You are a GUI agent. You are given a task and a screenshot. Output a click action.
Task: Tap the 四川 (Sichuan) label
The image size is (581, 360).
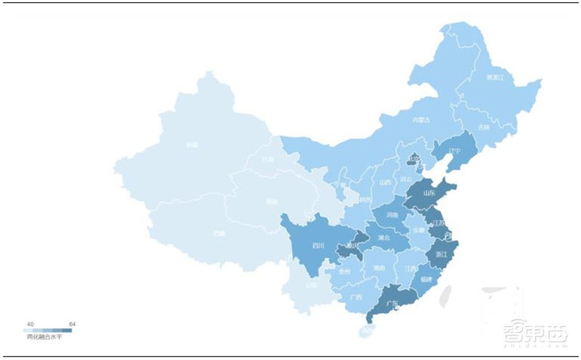[x=317, y=246]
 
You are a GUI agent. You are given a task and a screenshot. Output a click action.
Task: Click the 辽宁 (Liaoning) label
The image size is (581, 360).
[x=455, y=152]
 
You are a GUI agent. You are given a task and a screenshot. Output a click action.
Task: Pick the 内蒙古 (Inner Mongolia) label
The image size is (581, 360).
[x=421, y=120]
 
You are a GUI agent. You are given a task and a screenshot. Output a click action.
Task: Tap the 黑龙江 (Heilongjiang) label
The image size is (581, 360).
[x=495, y=77]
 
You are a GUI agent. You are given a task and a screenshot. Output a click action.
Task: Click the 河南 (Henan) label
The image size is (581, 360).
[x=392, y=216]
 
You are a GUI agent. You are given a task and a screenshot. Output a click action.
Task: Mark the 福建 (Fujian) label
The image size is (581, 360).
[x=426, y=279]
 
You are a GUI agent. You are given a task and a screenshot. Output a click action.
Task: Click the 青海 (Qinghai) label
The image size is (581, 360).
[x=271, y=202]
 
